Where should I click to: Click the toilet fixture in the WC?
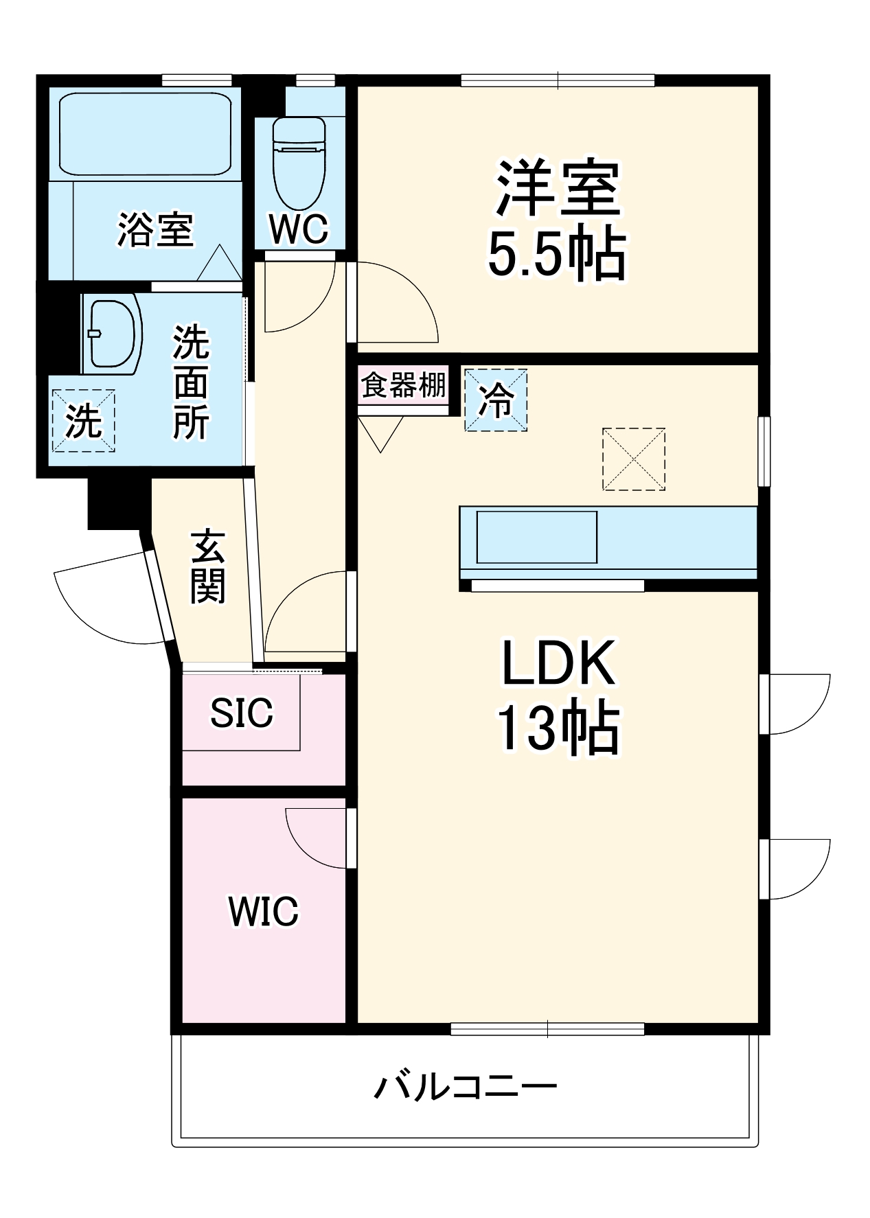click(x=299, y=163)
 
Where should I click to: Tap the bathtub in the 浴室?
click(x=145, y=134)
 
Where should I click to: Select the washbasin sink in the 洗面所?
click(x=112, y=334)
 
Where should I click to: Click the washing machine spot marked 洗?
click(x=83, y=421)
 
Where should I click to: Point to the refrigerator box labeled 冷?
click(x=496, y=400)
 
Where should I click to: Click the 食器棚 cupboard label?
click(x=404, y=385)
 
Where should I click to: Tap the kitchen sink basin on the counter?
click(x=537, y=537)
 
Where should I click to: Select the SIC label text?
click(x=241, y=713)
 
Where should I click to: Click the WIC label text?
click(x=263, y=912)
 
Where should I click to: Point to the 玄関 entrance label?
click(x=208, y=566)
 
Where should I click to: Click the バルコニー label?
click(x=465, y=1087)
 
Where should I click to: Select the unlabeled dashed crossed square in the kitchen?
click(x=633, y=459)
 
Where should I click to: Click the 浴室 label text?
click(x=156, y=229)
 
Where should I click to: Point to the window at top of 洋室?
click(x=558, y=80)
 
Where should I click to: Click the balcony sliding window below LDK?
click(x=547, y=1029)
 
